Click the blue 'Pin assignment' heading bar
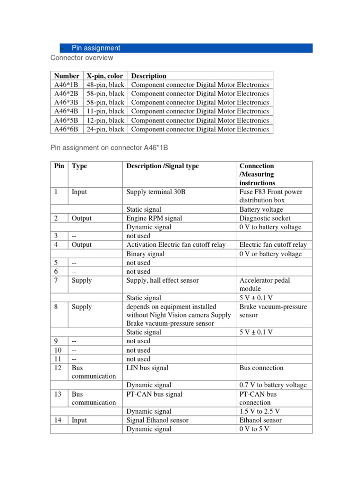186,48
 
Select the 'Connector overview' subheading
82,58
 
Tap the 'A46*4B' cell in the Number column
67,111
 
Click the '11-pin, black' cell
105,111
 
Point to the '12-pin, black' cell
105,120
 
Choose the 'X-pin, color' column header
105,76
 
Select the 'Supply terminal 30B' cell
155,192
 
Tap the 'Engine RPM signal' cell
154,218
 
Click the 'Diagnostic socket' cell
265,218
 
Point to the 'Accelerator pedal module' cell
265,284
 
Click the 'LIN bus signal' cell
147,368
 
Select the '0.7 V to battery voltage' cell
273,385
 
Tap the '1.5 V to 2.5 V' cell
259,412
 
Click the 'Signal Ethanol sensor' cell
157,420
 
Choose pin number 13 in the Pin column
58,394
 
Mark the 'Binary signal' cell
146,254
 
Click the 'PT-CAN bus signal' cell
154,394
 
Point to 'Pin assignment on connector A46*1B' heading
109,148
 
